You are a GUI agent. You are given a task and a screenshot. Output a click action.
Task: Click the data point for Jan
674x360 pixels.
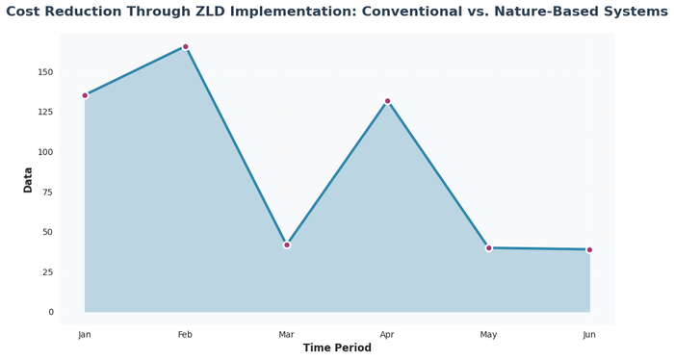[85, 95]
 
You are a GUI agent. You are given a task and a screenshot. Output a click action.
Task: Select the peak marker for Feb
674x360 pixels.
[186, 46]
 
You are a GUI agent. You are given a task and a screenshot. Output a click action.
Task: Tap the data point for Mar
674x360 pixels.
[287, 244]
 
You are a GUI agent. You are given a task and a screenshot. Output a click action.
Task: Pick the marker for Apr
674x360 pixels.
[388, 101]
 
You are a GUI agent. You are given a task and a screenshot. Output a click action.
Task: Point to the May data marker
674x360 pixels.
[489, 247]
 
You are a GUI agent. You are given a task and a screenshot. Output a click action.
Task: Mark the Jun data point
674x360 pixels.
[589, 249]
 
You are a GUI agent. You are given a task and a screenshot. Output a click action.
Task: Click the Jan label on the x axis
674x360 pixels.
[85, 334]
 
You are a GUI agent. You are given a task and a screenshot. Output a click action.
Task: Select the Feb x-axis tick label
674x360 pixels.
[186, 334]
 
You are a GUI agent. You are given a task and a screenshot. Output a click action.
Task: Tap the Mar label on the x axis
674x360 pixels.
[287, 334]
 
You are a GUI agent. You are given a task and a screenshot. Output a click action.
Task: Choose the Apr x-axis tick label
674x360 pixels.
[388, 334]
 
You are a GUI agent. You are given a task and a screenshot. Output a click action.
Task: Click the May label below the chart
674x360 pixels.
[489, 334]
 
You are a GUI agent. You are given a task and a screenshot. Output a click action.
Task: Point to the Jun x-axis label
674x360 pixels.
[589, 334]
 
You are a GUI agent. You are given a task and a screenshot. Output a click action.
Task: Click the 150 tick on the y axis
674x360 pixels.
[45, 72]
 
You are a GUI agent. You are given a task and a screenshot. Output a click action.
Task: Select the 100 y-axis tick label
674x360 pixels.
[45, 152]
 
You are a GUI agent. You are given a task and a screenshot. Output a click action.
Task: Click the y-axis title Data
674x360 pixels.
[28, 179]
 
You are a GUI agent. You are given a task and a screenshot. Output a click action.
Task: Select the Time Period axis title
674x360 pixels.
[337, 348]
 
